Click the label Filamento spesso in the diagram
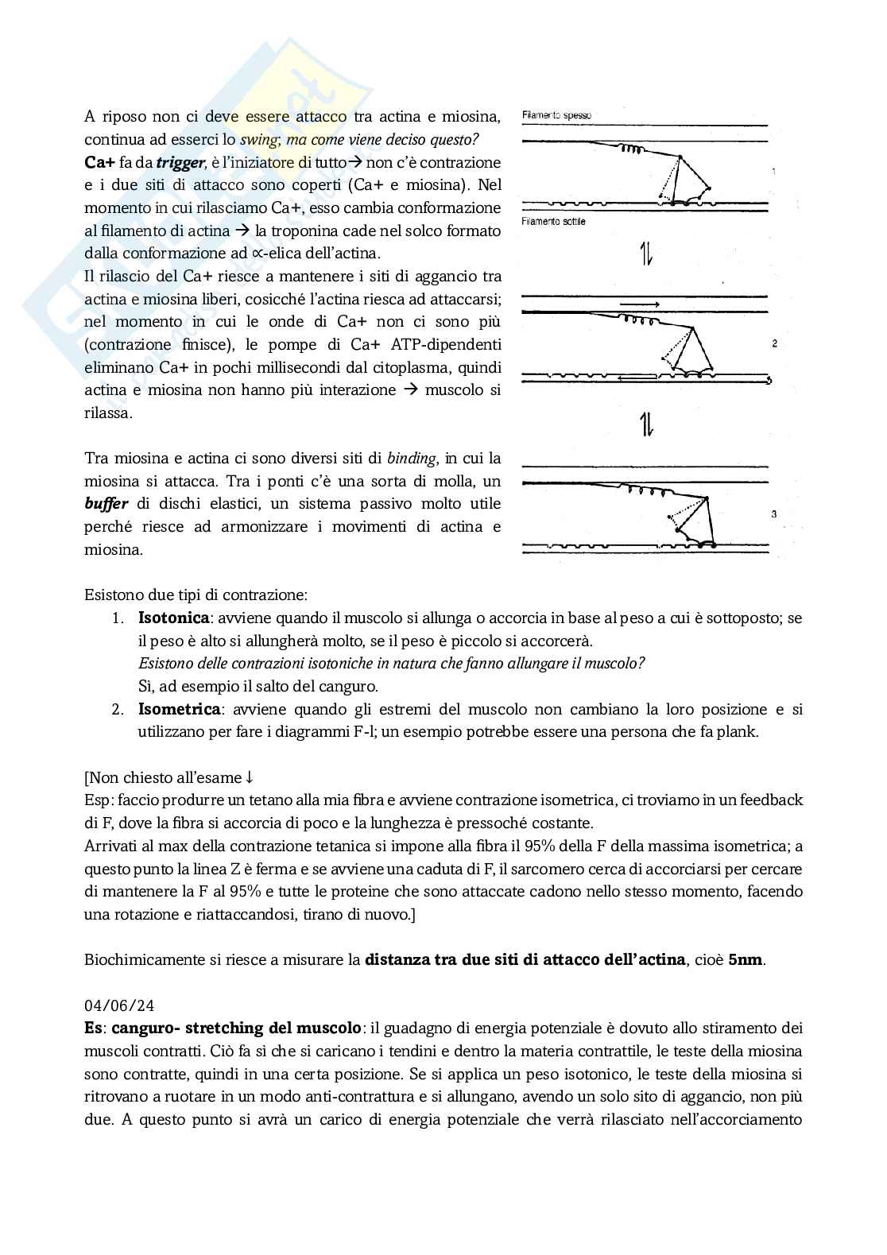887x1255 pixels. (556, 116)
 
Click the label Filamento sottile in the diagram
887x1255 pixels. (553, 222)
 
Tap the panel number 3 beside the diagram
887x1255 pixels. (774, 514)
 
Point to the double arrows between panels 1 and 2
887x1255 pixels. (646, 254)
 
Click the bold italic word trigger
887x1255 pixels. (180, 163)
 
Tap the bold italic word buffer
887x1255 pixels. (107, 504)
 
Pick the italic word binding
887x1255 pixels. (412, 459)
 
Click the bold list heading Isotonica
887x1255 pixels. (173, 618)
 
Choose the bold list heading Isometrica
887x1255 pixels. (179, 709)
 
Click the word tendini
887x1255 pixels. (463, 1052)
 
